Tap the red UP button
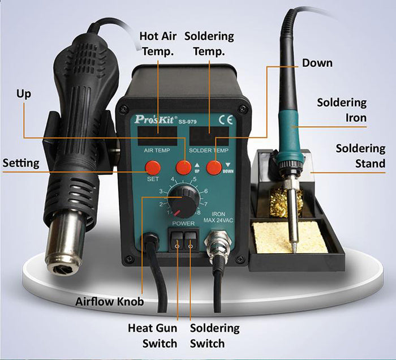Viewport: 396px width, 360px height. [x=184, y=167]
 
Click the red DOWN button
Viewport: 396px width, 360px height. [x=214, y=167]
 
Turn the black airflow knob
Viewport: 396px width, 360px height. [x=183, y=202]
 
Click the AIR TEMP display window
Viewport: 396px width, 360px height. [x=157, y=136]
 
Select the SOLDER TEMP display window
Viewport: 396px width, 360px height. [x=209, y=136]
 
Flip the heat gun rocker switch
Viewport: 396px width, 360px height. [x=177, y=241]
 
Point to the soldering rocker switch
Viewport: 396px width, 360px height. [x=191, y=241]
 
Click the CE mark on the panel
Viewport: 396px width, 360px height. [x=226, y=120]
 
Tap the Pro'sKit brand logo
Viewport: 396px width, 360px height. [x=154, y=119]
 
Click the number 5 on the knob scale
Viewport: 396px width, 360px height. [x=195, y=179]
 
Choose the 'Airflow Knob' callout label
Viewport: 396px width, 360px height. [x=110, y=302]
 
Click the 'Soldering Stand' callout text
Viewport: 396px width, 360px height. [x=361, y=156]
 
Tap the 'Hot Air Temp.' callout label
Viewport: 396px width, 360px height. [x=158, y=44]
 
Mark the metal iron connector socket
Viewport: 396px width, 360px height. [x=217, y=244]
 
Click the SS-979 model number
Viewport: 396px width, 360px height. [x=187, y=122]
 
